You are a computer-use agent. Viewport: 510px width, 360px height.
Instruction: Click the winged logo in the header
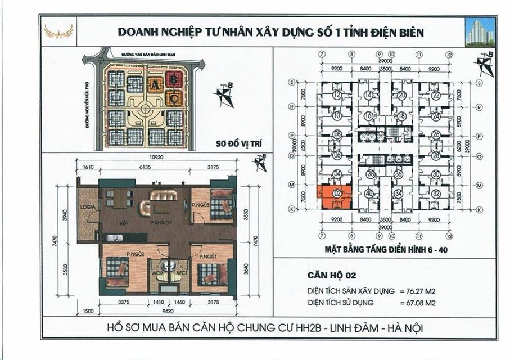tap(59, 32)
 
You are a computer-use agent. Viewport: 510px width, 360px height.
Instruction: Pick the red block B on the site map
tap(174, 80)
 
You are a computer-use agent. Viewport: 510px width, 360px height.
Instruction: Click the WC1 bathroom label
tap(182, 273)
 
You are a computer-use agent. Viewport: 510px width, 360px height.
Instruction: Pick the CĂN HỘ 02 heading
tap(332, 276)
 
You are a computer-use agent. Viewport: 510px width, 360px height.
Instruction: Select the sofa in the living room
tap(164, 195)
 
